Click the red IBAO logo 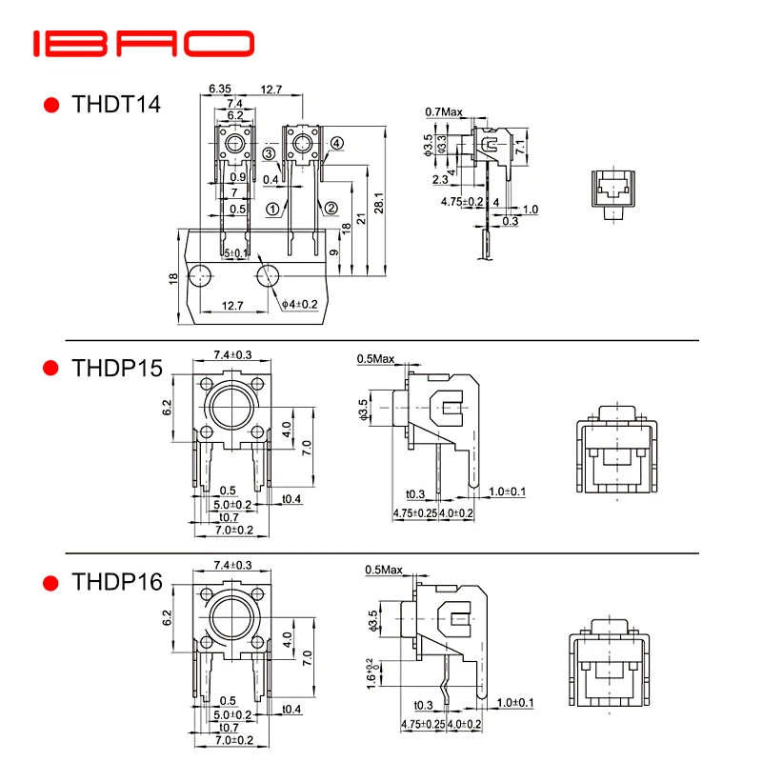pos(143,45)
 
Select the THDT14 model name pos(116,104)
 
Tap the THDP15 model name pos(117,368)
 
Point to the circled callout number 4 pos(336,144)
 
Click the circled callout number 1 pos(272,208)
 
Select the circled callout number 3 pos(270,153)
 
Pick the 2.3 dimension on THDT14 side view pos(439,179)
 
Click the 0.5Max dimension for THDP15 pos(375,359)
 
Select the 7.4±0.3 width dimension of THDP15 pos(232,354)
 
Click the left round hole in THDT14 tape pos(200,277)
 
